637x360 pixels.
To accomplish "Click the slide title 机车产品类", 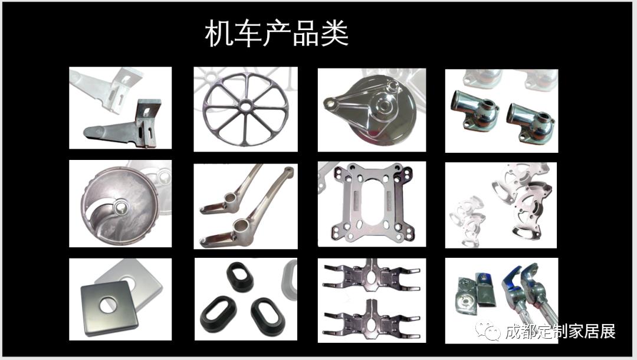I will coord(277,34).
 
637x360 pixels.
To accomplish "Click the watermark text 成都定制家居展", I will coord(560,332).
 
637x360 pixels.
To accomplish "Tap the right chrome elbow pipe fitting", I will coord(530,118).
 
